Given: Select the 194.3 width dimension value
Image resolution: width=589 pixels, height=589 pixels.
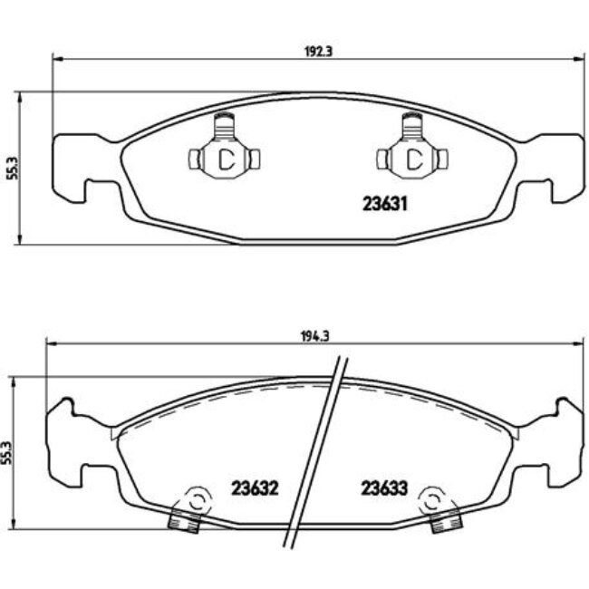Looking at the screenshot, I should [314, 334].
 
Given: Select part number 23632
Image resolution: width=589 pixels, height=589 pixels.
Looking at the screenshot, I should [253, 488].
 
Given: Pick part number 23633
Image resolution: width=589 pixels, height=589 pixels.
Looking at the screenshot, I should [384, 488].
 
